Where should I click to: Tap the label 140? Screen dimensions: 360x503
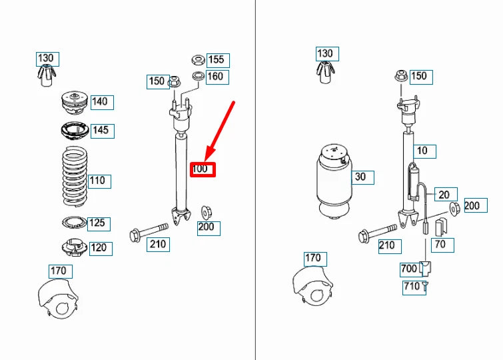pyautogui.click(x=100, y=102)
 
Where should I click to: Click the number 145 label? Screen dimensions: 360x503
pyautogui.click(x=101, y=130)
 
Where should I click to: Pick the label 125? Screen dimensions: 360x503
pyautogui.click(x=97, y=223)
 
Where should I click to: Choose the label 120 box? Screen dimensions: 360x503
pyautogui.click(x=99, y=248)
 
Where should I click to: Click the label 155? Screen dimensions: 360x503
pyautogui.click(x=217, y=59)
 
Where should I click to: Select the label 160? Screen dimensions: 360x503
pyautogui.click(x=216, y=77)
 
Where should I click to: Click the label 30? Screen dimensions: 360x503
pyautogui.click(x=360, y=177)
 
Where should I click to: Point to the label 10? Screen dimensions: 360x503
pyautogui.click(x=422, y=151)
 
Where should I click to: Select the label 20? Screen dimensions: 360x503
pyautogui.click(x=444, y=195)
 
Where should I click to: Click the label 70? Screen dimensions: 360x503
pyautogui.click(x=440, y=245)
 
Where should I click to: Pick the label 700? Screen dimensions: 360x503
pyautogui.click(x=409, y=269)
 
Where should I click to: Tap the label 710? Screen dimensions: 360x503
pyautogui.click(x=412, y=287)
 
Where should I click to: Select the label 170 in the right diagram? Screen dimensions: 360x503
pyautogui.click(x=312, y=258)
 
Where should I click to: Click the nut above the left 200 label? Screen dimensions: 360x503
pyautogui.click(x=207, y=213)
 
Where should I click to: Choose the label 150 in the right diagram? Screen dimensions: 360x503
pyautogui.click(x=418, y=76)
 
